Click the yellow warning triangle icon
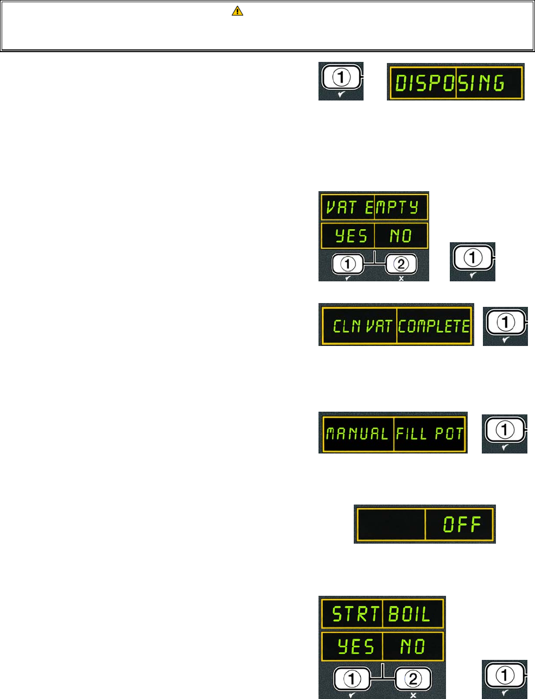237,10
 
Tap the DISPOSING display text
449,84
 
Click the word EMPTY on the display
391,207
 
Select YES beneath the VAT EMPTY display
351,236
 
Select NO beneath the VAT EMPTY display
400,236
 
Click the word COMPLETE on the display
433,326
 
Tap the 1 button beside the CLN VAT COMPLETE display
505,323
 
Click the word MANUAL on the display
357,433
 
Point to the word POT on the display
449,433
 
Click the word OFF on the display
462,524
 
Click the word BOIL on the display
410,614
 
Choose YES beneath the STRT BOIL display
355,646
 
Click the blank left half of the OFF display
390,524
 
